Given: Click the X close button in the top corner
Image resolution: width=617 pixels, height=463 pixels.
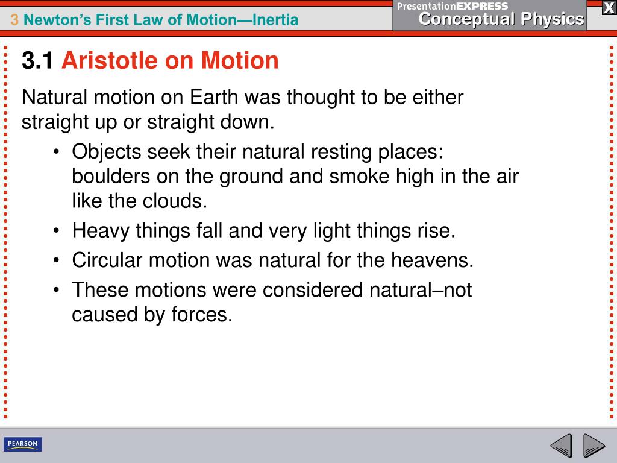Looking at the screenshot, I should [609, 7].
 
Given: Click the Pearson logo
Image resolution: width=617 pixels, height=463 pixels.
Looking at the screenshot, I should [23, 445].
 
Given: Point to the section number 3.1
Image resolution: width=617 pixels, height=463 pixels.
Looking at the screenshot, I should [37, 60].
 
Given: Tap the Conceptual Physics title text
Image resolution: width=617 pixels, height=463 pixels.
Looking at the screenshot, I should [501, 19].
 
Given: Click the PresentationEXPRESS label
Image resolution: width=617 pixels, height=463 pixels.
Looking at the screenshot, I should [453, 5].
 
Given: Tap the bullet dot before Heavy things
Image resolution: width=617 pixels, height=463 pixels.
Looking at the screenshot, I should [56, 230].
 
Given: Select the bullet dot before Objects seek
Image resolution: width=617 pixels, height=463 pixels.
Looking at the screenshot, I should [56, 152].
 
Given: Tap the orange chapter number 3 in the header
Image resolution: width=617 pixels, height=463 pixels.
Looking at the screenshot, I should [14, 20].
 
